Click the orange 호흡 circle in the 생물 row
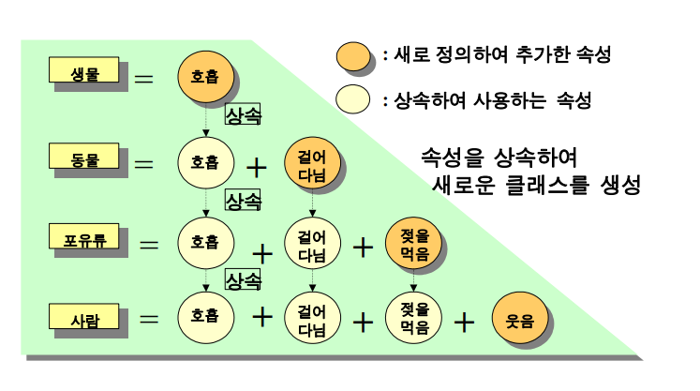(x=205, y=78)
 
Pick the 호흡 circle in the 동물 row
(x=205, y=161)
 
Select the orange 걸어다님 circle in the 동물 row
(x=311, y=161)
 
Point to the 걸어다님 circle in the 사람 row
(x=311, y=319)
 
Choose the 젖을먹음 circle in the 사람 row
(x=413, y=319)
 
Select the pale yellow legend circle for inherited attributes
(x=354, y=98)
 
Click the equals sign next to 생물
(x=144, y=79)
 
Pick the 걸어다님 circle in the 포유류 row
(x=311, y=243)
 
